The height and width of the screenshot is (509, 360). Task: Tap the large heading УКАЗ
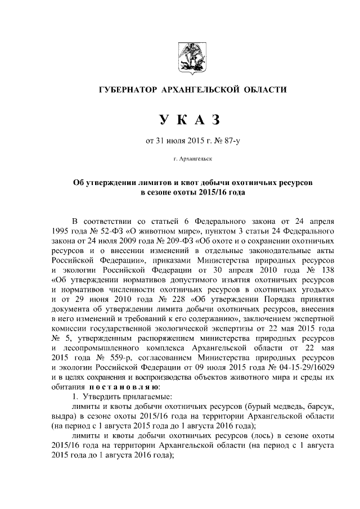coord(184,119)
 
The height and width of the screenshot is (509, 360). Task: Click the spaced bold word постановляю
coord(124,388)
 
